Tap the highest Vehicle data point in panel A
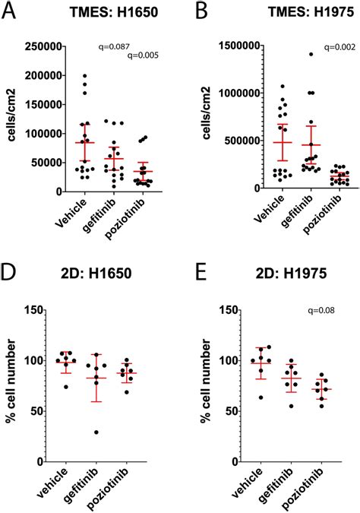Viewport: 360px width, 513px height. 85,76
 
